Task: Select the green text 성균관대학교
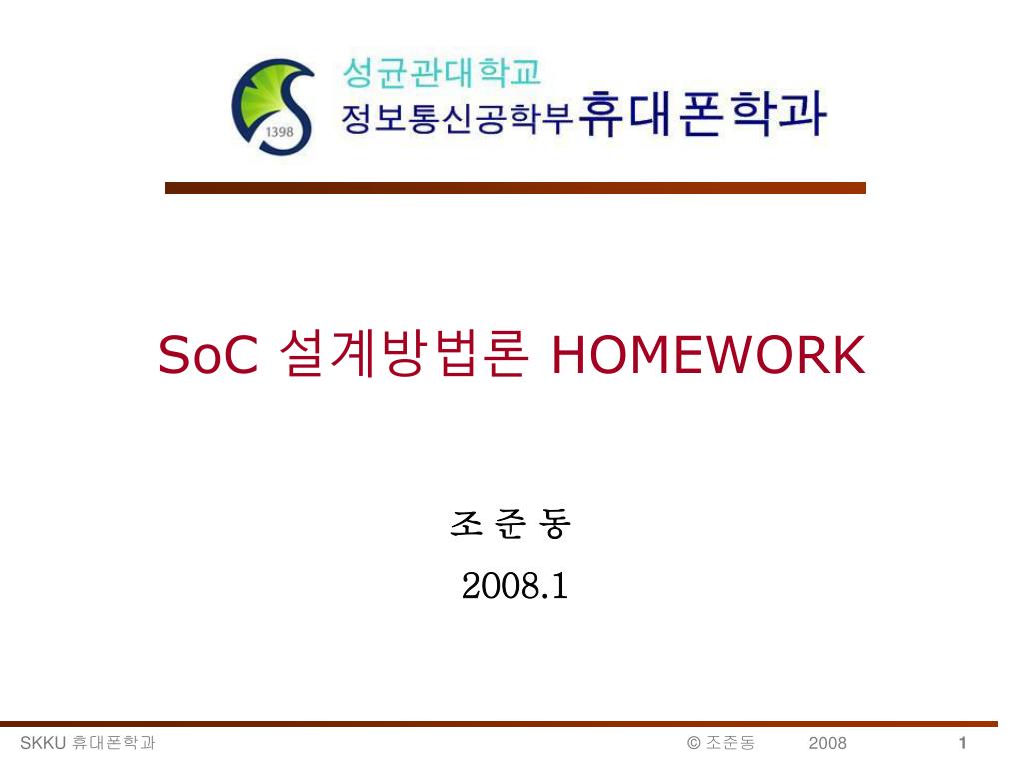point(442,72)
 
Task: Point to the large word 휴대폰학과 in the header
point(703,113)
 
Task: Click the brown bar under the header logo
point(514,187)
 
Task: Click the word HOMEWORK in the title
point(708,355)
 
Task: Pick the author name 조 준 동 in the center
point(510,524)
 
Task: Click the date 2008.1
point(514,586)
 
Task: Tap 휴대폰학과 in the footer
point(114,742)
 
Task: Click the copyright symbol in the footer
point(693,742)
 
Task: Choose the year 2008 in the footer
point(827,742)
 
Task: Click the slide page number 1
point(962,742)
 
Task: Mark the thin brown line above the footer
point(500,723)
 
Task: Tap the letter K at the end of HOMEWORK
point(847,355)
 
